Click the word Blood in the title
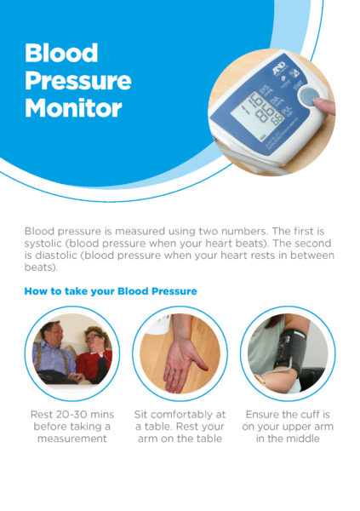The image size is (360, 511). (x=61, y=53)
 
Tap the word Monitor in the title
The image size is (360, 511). (x=73, y=108)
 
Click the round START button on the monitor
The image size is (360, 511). (x=310, y=96)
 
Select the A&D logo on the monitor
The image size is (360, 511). (x=278, y=68)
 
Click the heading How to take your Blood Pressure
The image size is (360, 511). (x=111, y=291)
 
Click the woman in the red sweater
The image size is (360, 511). (x=95, y=355)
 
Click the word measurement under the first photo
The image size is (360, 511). (x=72, y=439)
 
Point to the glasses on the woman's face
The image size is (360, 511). (x=93, y=336)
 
